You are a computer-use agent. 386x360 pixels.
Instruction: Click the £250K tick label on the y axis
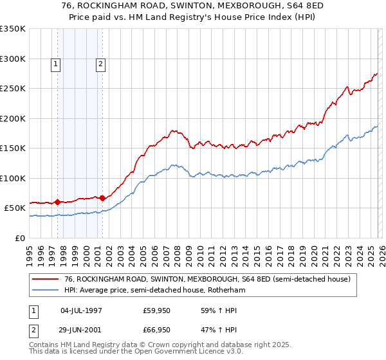[13, 89]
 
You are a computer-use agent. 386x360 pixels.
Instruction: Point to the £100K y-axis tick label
[13, 178]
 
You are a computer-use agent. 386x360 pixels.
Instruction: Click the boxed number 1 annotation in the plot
[57, 64]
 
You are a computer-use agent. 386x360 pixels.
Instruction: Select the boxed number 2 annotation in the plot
[102, 64]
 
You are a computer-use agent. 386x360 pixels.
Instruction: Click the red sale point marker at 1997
[57, 202]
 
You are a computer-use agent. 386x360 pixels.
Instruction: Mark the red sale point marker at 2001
[102, 198]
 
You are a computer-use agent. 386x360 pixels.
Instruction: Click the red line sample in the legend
[46, 279]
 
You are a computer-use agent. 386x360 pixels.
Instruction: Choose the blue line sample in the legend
[46, 290]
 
